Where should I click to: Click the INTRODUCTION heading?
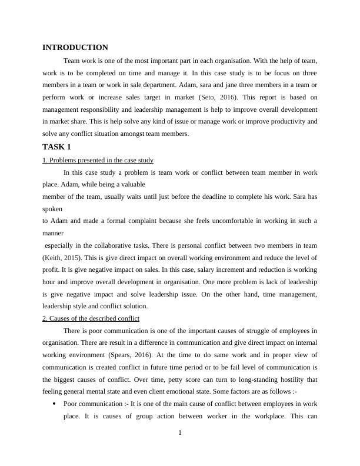click(75, 48)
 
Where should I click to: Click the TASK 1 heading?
click(56, 147)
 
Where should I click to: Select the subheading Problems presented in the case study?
click(98, 160)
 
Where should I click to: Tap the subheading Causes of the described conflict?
click(91, 318)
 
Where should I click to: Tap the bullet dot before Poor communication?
click(54, 404)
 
